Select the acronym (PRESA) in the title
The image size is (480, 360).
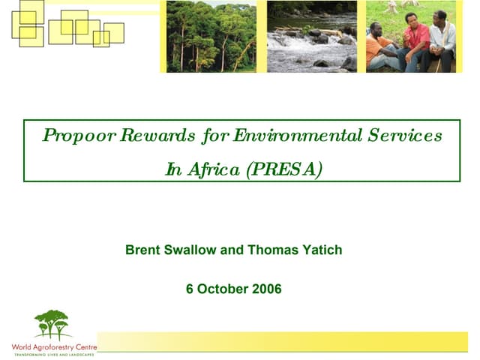[x=284, y=169]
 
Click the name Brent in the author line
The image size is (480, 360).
[x=142, y=250]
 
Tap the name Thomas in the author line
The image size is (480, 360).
[x=271, y=250]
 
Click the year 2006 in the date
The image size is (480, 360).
[x=267, y=289]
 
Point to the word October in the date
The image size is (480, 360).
[x=222, y=289]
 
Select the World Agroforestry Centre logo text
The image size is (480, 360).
[x=53, y=347]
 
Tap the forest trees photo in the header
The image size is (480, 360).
[x=211, y=36]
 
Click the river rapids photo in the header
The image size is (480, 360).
[x=311, y=36]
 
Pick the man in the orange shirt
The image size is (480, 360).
[x=379, y=46]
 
